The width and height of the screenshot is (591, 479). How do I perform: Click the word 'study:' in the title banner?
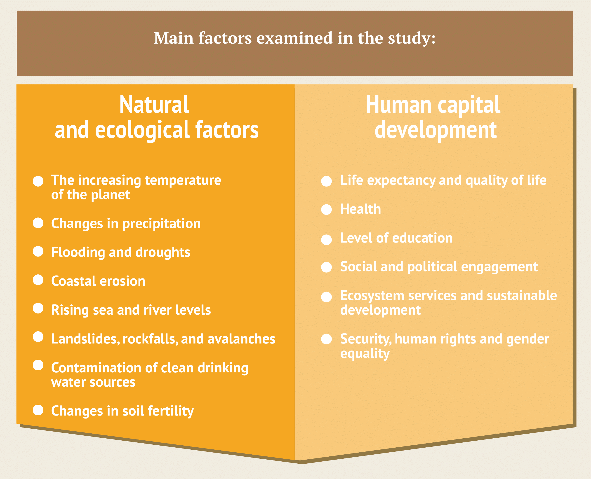[412, 38]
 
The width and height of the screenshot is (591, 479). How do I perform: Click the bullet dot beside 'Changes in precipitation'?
[38, 223]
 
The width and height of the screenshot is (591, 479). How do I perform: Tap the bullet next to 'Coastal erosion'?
[38, 280]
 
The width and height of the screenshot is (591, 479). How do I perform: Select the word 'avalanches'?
[241, 339]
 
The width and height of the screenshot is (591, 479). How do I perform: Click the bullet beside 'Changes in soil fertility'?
[38, 410]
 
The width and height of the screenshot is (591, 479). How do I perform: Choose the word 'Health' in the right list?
[361, 209]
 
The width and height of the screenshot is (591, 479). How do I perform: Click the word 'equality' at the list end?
[365, 354]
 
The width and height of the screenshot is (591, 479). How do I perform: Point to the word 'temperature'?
[183, 180]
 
